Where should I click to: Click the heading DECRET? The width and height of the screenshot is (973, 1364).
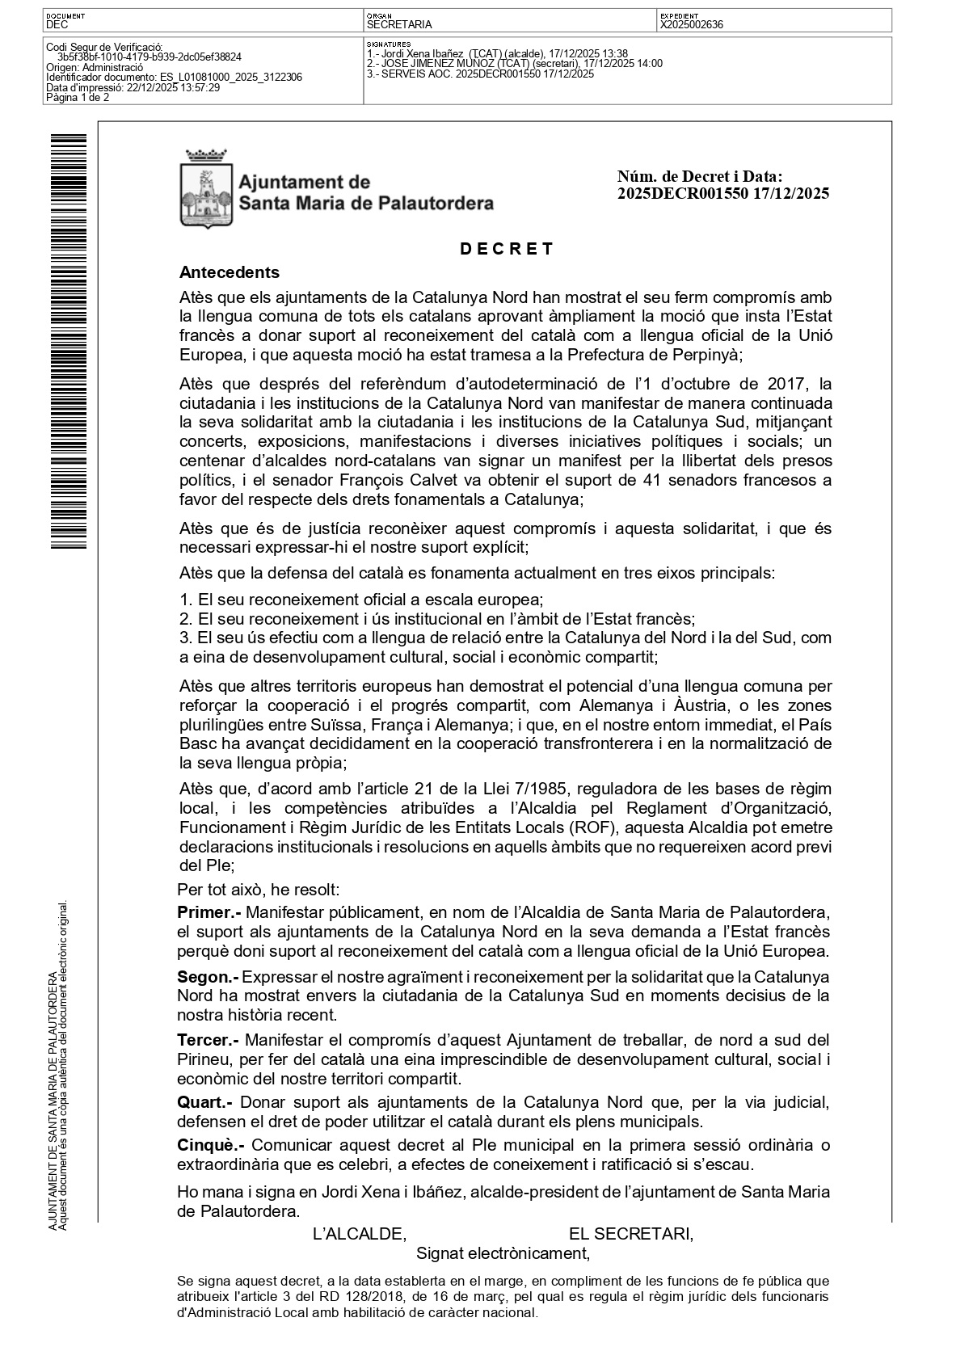point(507,249)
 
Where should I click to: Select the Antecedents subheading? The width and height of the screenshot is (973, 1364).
point(230,272)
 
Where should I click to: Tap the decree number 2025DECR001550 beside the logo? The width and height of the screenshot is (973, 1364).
point(683,194)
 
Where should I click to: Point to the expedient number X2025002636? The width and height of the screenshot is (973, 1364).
point(692,25)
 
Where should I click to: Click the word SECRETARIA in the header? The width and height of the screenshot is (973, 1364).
point(399,25)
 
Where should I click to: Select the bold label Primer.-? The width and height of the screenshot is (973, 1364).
point(209,913)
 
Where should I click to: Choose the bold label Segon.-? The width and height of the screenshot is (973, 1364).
point(208,978)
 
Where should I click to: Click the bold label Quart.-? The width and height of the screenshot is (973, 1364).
point(205,1102)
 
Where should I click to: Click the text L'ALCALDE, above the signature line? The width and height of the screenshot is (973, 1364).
point(359,1234)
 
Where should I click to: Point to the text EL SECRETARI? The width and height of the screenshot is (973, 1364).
point(630,1234)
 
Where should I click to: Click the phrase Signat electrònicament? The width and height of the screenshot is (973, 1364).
point(503,1253)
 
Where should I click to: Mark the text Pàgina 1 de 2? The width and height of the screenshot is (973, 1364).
point(78,98)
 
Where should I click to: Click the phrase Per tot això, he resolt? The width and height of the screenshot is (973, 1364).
point(259,890)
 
